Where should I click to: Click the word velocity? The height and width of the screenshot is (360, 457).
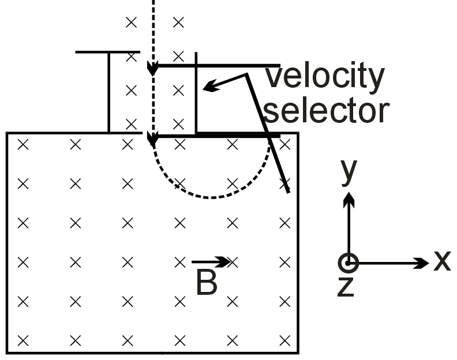(x=324, y=77)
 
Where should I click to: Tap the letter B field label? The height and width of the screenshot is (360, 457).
(x=206, y=283)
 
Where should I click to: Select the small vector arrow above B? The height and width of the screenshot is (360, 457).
(x=211, y=262)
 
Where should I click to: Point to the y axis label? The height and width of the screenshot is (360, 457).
(x=348, y=171)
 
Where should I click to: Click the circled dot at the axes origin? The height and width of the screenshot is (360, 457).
(x=348, y=264)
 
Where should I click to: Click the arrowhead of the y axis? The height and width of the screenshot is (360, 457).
(x=348, y=199)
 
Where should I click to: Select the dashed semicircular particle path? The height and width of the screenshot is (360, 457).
(x=211, y=197)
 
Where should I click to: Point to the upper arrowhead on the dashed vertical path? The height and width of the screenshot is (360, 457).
(x=152, y=69)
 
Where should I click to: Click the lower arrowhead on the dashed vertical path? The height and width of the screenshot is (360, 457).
(x=152, y=138)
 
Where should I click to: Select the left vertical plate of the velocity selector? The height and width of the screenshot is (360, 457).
(x=108, y=92)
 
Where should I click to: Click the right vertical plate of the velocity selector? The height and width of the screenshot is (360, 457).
(x=196, y=92)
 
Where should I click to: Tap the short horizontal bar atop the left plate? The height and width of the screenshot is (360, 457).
(x=108, y=52)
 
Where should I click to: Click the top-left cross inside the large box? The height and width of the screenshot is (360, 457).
(x=23, y=144)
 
